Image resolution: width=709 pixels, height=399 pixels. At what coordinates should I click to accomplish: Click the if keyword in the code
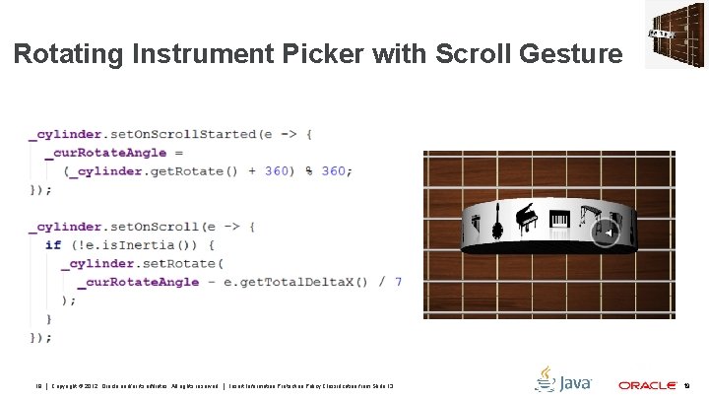(53, 244)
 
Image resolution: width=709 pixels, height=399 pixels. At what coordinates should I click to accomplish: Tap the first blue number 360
(278, 170)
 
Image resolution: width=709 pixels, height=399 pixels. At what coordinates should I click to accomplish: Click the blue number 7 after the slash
(398, 282)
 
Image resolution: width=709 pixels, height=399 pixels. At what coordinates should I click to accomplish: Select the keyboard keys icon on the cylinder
(558, 222)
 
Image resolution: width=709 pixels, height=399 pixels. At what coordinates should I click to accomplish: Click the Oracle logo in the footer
(645, 385)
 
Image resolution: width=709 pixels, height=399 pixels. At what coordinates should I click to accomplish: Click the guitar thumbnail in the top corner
(675, 34)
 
